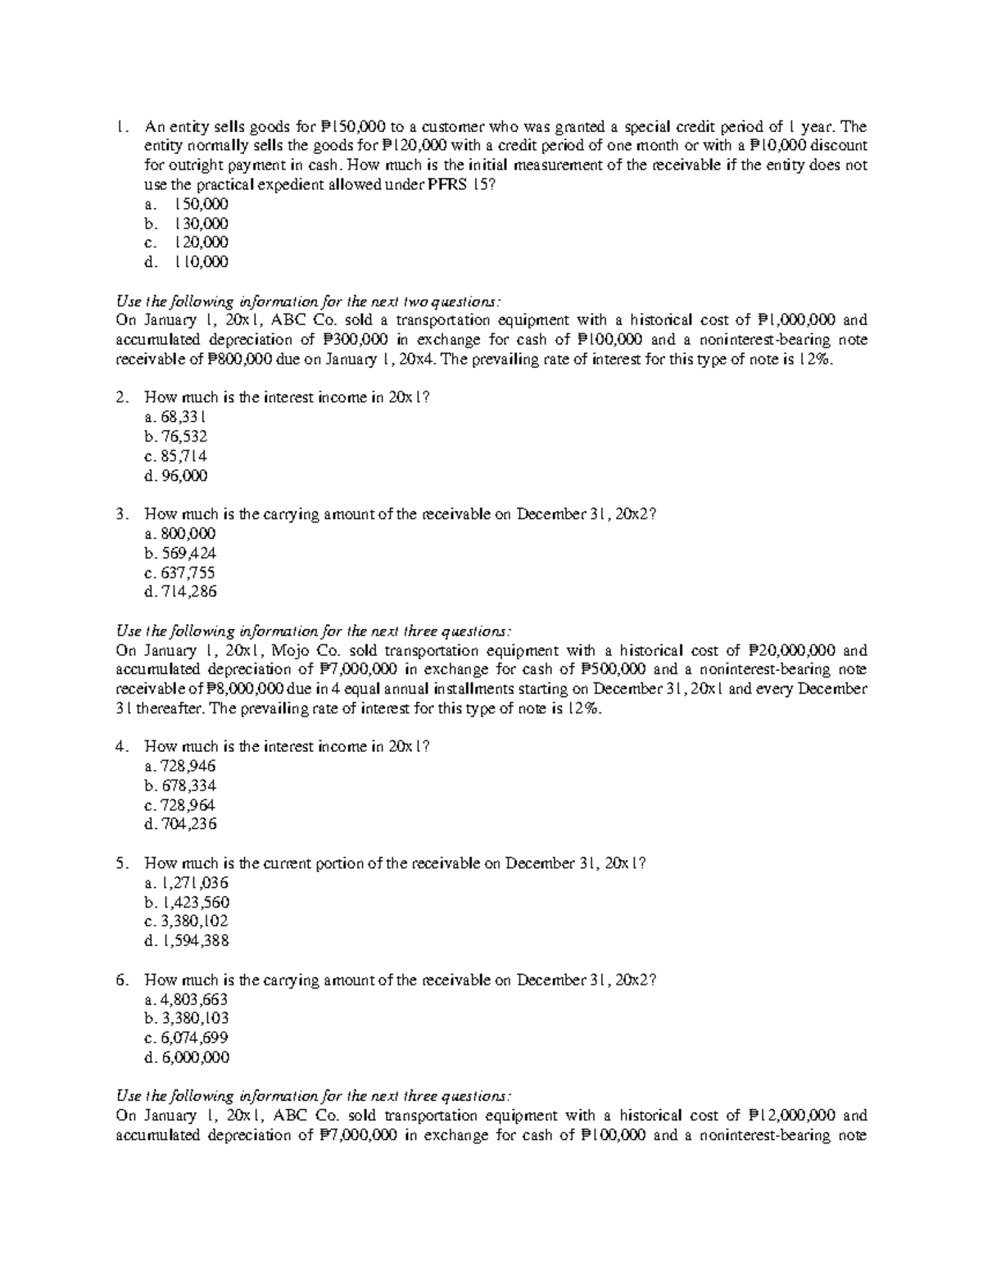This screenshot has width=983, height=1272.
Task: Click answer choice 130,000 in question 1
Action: coord(201,224)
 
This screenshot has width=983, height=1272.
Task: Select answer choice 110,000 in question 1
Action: coord(201,262)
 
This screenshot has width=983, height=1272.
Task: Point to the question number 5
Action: coord(121,863)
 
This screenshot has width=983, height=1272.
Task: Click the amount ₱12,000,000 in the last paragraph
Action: coord(792,1116)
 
